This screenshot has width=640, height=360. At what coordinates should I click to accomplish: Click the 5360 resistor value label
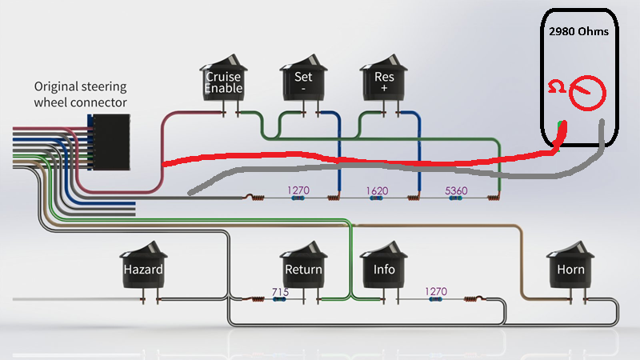[x=456, y=190]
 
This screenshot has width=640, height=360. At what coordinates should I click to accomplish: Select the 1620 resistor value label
[x=377, y=190]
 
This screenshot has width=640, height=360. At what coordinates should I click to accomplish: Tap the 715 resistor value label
[x=280, y=292]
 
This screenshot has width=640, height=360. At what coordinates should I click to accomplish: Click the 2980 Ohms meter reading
[x=578, y=31]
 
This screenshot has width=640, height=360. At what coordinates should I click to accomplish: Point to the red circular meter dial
[x=587, y=93]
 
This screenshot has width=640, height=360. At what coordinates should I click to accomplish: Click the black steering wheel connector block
[x=109, y=142]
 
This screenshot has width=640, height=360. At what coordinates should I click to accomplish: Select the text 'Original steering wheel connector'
[x=81, y=94]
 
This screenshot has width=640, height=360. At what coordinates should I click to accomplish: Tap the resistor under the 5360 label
[x=455, y=198]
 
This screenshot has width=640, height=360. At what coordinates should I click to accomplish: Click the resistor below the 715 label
[x=279, y=299]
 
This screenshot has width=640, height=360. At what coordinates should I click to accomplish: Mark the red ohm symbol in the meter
[x=556, y=86]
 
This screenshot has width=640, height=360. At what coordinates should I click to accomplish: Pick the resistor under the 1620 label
[x=376, y=198]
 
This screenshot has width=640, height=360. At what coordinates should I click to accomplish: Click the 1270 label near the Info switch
[x=436, y=291]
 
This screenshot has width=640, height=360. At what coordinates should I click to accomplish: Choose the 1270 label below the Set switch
[x=298, y=190]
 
